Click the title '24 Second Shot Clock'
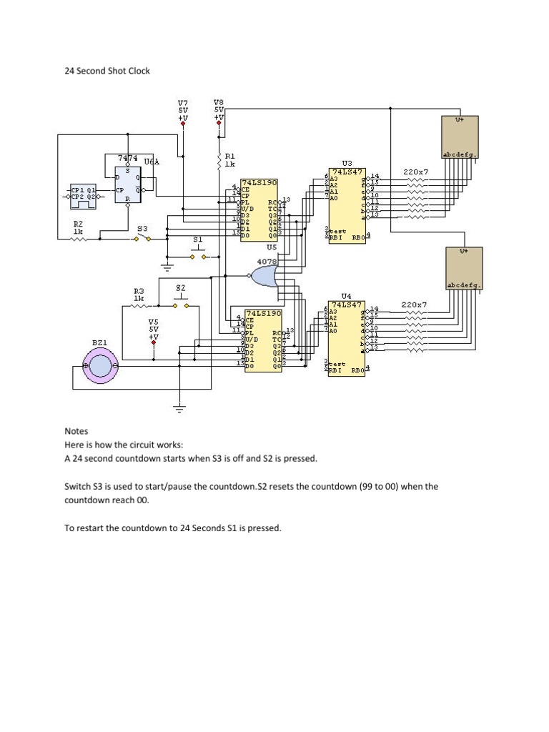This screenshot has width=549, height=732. (107, 71)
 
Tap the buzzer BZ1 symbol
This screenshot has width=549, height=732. (100, 367)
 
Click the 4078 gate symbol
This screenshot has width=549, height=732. (264, 275)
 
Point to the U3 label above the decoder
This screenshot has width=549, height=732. (347, 164)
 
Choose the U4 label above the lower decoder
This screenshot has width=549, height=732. (347, 295)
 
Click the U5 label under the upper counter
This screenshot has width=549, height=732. (271, 246)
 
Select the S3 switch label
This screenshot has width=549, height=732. (142, 228)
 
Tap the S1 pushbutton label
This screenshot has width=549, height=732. (198, 239)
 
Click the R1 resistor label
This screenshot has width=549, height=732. (229, 155)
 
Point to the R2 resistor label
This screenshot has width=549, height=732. (78, 223)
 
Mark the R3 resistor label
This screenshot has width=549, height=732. (139, 291)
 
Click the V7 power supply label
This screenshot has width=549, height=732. (183, 103)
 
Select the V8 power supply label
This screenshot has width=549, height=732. (219, 102)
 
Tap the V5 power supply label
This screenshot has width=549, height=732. (154, 322)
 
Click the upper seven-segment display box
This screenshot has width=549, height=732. (460, 136)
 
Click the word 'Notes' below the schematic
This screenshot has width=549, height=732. (76, 431)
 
